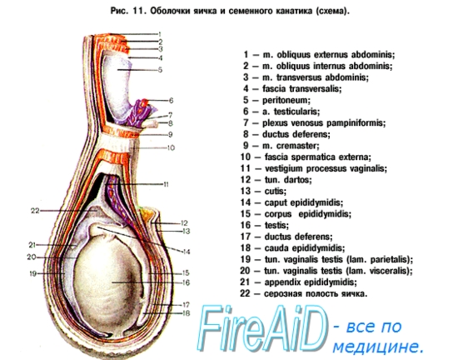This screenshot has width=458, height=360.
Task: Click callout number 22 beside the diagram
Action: (x=35, y=210)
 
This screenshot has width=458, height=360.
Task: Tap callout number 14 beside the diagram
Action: (x=187, y=252)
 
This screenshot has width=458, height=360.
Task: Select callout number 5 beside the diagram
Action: (x=160, y=70)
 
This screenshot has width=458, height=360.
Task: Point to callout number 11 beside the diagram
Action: (x=166, y=184)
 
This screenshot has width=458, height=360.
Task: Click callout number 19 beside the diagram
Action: (x=32, y=273)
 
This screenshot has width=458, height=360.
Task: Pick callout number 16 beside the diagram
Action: (x=186, y=282)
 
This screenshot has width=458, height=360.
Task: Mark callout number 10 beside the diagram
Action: (x=171, y=147)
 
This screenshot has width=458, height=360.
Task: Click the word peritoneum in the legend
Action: (x=286, y=100)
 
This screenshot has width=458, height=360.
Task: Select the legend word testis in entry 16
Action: (x=276, y=225)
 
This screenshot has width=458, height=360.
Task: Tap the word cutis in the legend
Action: (x=275, y=191)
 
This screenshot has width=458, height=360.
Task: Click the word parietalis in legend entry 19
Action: (x=391, y=259)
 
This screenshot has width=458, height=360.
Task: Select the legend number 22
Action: (x=245, y=293)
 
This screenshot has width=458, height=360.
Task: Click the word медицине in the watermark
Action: (x=378, y=347)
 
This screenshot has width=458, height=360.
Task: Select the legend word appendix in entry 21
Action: (x=283, y=282)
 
